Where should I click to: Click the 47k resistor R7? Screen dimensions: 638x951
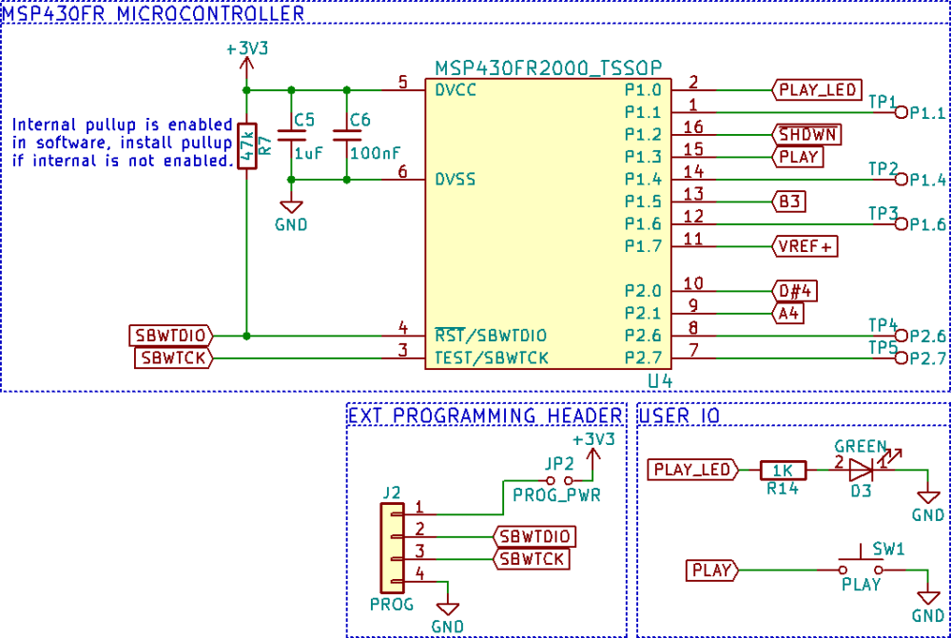point(246,146)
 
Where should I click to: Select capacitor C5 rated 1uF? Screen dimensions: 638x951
point(290,135)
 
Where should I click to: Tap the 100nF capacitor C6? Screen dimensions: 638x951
point(346,135)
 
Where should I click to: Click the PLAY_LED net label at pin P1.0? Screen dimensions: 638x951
point(817,90)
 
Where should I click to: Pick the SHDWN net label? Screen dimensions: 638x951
point(807,134)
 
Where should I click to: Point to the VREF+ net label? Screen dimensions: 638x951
point(805,246)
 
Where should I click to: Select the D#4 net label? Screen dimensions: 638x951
point(795,291)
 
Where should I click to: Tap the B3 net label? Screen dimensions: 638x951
point(789,202)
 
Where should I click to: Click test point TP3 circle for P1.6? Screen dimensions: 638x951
point(902,224)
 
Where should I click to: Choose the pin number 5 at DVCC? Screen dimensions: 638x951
point(402,83)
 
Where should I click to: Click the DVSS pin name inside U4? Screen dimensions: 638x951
point(456,179)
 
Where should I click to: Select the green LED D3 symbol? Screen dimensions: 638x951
point(861,469)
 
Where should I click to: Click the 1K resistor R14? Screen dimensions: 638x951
point(783,469)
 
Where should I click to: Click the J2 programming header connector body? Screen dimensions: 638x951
point(390,548)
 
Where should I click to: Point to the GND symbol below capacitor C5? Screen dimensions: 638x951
point(290,206)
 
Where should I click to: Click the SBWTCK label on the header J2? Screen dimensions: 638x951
point(533,559)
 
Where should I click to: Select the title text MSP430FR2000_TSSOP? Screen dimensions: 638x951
point(549,68)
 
